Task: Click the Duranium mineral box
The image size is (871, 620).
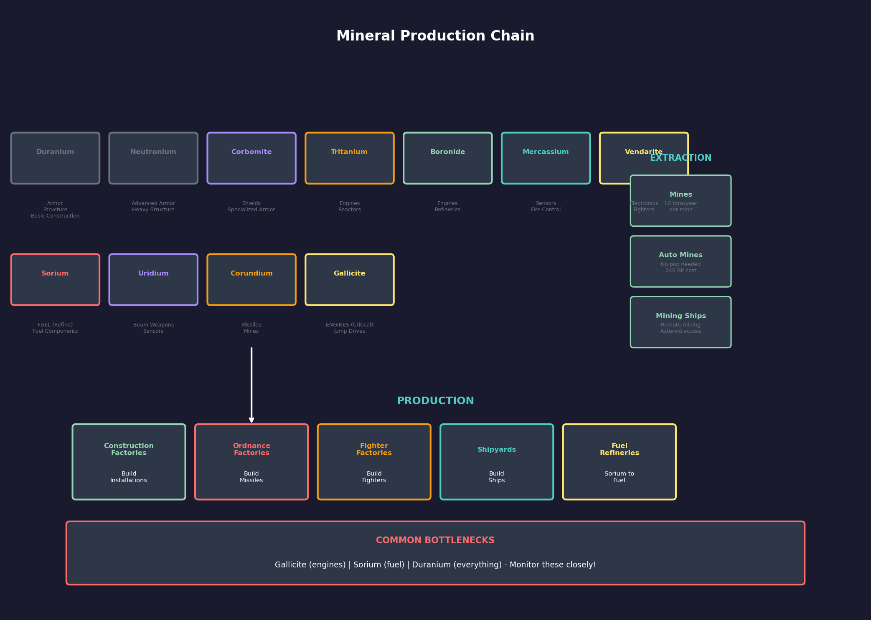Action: (x=55, y=158)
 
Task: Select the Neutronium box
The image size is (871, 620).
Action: (x=153, y=158)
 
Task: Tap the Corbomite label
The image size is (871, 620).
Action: (x=251, y=152)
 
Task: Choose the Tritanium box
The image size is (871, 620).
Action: (x=349, y=158)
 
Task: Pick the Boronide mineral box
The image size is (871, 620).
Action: (x=447, y=158)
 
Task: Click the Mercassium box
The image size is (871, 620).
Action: (x=546, y=158)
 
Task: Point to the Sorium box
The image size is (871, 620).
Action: (x=55, y=280)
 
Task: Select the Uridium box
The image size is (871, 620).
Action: (x=153, y=280)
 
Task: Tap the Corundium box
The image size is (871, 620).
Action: (x=251, y=280)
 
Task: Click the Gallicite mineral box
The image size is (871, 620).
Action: (x=349, y=280)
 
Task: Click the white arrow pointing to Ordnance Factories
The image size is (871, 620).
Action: (x=251, y=384)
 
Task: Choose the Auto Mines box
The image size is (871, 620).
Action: (x=681, y=261)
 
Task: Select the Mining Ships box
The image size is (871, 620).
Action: (x=681, y=322)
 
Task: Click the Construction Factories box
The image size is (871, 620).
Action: (x=129, y=462)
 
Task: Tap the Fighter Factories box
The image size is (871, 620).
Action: (x=374, y=462)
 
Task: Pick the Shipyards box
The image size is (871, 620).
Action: (x=497, y=462)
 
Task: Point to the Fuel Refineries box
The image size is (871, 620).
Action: (x=619, y=462)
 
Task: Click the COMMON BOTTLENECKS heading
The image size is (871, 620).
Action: (x=435, y=541)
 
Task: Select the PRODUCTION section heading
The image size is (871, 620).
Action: (x=435, y=401)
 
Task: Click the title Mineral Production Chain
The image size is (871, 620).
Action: (x=435, y=36)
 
